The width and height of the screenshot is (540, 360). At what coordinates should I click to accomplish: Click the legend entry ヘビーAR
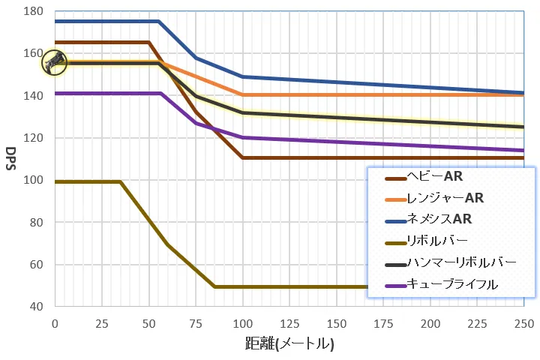coord(435,177)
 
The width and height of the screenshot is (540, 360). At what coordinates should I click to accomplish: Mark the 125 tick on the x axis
coord(289,322)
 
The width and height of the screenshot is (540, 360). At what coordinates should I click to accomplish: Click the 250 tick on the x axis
coord(523,322)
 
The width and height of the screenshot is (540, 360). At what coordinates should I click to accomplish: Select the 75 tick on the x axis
coord(195,322)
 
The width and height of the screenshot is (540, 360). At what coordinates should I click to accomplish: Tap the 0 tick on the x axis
coord(54,322)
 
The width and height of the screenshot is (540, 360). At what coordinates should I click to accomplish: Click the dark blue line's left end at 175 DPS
coord(55,21)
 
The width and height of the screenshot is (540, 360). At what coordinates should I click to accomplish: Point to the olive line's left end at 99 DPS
coord(55,181)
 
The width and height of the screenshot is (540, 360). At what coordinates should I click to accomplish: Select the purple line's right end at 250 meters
coord(523,150)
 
